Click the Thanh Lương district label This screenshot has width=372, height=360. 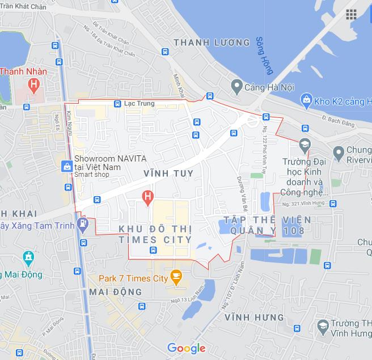212,43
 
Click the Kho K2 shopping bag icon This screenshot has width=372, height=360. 307,100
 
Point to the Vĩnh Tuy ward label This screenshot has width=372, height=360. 168,173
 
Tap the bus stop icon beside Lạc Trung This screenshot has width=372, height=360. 117,104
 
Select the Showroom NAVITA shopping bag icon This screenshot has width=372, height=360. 67,166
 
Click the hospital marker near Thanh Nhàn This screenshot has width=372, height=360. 34,86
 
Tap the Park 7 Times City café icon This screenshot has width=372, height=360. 176,278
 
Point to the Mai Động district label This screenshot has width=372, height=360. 116,292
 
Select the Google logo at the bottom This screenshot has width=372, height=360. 186,348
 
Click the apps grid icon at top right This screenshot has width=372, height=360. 351,15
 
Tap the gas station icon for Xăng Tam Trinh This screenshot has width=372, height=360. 83,223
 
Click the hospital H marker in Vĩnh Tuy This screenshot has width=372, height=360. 147,197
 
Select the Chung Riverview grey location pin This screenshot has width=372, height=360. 339,153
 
